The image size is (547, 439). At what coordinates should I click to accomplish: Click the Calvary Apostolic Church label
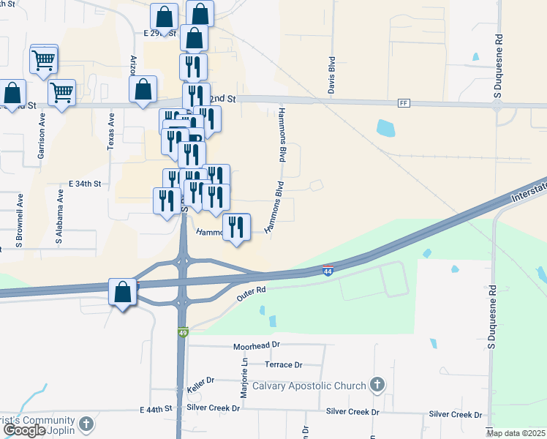click(308, 386)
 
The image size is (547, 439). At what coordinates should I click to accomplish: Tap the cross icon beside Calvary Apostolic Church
click(377, 385)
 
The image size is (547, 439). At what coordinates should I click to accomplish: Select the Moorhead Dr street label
click(257, 345)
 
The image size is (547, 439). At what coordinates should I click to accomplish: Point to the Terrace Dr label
click(283, 364)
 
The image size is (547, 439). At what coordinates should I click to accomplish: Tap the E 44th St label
click(156, 408)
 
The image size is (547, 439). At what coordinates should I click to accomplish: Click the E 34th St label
click(84, 182)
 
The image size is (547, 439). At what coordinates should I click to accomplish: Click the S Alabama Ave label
click(61, 214)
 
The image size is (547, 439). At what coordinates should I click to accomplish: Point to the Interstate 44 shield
click(328, 271)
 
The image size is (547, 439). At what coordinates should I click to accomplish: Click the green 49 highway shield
click(182, 333)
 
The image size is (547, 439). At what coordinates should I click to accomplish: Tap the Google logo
click(25, 430)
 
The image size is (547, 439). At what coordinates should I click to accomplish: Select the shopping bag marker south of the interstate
click(123, 292)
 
